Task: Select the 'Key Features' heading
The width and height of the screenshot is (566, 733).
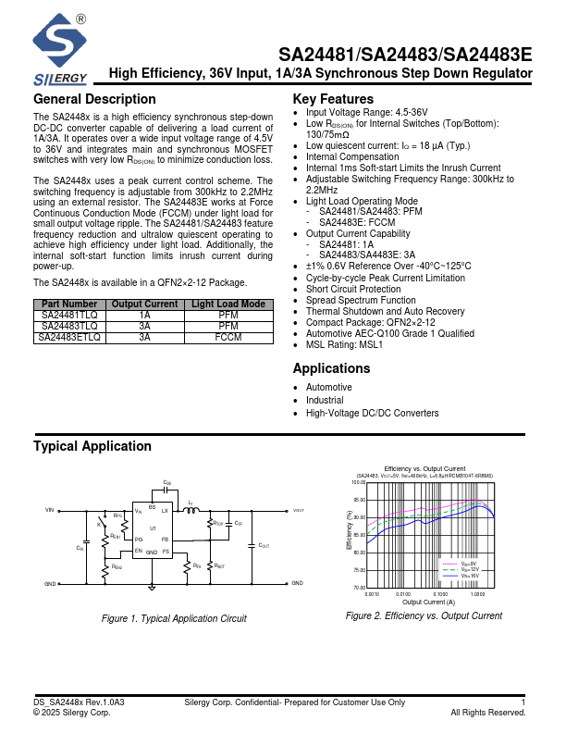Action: [x=333, y=100]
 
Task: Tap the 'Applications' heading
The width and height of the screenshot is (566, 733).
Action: [x=331, y=368]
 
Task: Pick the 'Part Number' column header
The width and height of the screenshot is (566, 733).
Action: [x=69, y=304]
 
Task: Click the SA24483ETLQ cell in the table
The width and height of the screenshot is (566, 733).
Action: [x=69, y=338]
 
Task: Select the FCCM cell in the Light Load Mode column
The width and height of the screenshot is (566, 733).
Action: [x=228, y=338]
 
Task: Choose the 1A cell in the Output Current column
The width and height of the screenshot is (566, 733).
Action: [x=144, y=316]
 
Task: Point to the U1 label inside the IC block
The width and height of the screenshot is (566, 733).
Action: [x=153, y=528]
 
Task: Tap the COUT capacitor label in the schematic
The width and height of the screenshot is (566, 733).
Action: [x=264, y=546]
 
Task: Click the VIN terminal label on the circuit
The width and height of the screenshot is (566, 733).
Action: [x=50, y=510]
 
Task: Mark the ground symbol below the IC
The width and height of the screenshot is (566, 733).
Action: [x=153, y=584]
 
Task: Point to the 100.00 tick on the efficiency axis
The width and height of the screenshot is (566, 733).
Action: [x=359, y=482]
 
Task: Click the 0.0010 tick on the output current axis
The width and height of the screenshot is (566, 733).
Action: [x=373, y=594]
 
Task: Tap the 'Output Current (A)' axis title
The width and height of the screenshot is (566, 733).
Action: [x=428, y=602]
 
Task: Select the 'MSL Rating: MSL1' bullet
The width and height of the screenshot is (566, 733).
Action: [x=344, y=344]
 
